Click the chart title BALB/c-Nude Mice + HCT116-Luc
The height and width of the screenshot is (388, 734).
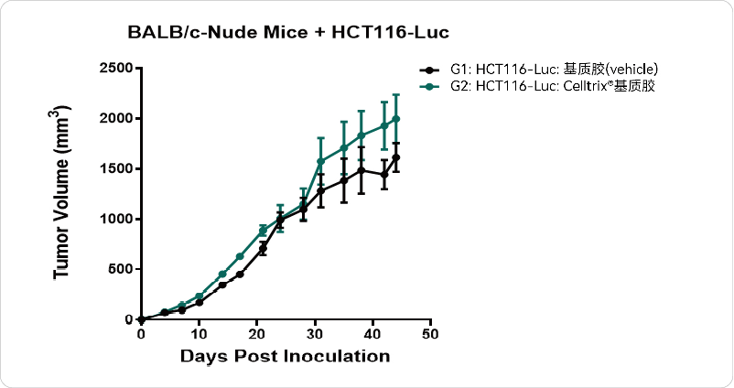pyautogui.click(x=288, y=32)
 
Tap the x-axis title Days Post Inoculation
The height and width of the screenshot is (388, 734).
pyautogui.click(x=285, y=355)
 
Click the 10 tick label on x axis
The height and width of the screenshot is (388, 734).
pyautogui.click(x=199, y=334)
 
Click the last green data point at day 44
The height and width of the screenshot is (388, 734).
pyautogui.click(x=395, y=119)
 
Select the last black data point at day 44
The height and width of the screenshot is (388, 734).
pyautogui.click(x=395, y=157)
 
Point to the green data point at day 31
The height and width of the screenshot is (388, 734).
pyautogui.click(x=320, y=161)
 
